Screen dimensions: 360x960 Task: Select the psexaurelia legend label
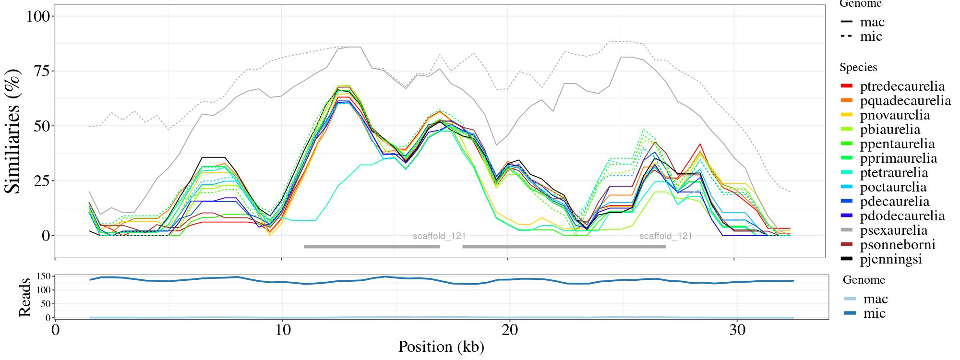tap(893, 230)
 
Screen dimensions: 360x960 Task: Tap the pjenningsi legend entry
tap(891, 259)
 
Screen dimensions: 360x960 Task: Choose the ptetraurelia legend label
tap(894, 173)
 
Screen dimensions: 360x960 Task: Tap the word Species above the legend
tap(858, 67)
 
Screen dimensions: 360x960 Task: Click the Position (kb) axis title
tap(441, 347)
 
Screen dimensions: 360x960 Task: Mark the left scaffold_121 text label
tap(439, 236)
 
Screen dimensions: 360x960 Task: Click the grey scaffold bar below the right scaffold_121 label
tap(564, 247)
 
